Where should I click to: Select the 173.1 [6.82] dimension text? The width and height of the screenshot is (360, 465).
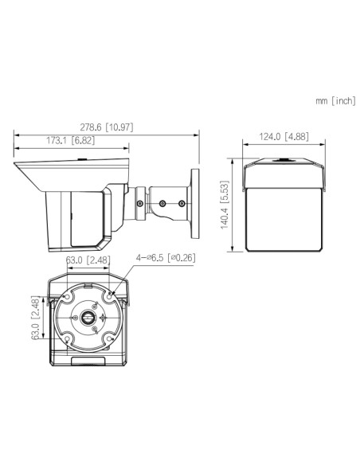tap(67, 141)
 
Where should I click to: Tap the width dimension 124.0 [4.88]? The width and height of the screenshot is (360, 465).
tap(282, 136)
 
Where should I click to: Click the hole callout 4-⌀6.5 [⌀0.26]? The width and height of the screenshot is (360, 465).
tap(165, 258)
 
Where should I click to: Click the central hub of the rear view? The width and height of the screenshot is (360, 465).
tap(88, 316)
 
